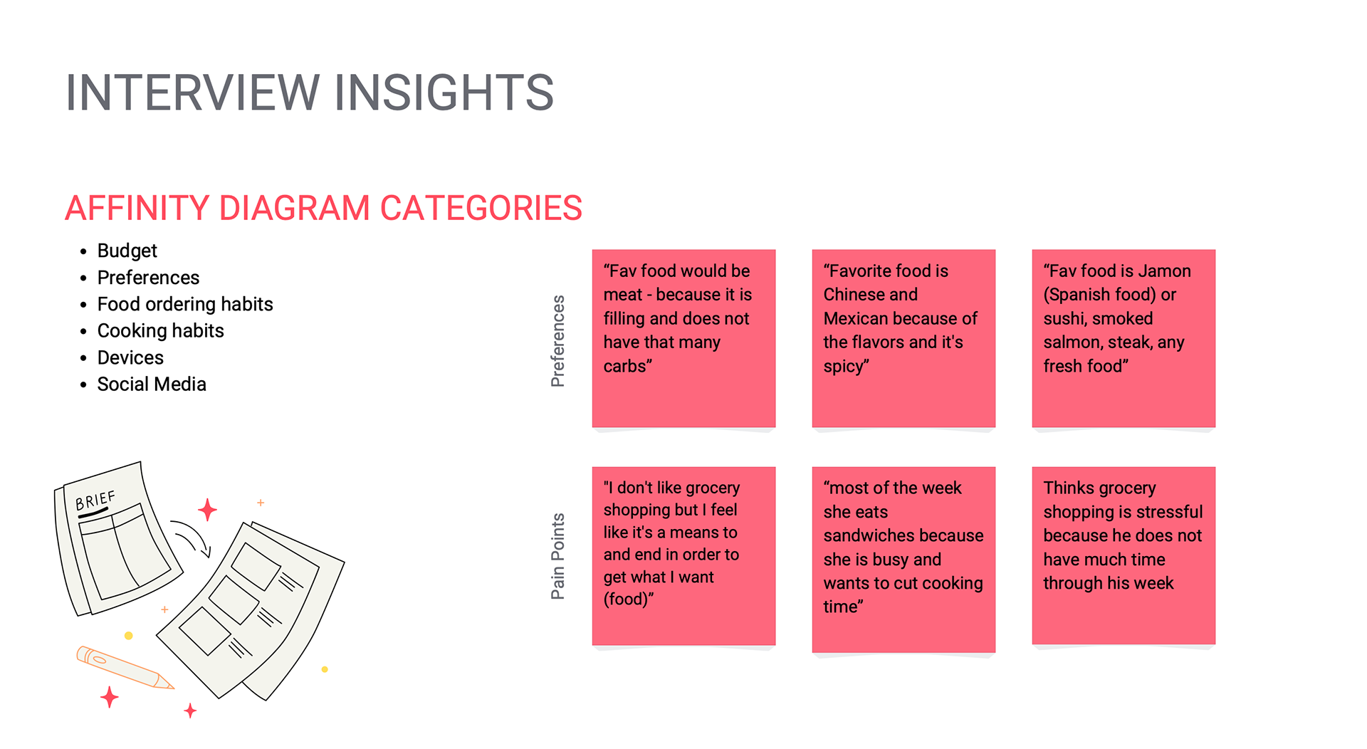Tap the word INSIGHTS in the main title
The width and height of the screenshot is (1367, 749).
[x=444, y=93]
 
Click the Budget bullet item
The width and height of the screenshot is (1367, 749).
[x=127, y=251]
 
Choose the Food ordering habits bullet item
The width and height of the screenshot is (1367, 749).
[x=185, y=304]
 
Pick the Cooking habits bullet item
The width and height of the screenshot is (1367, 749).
[x=160, y=330]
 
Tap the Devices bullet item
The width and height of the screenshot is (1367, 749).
[x=130, y=357]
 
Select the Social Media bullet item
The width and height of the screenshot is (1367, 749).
[x=152, y=384]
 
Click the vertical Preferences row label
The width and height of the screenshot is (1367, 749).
[x=557, y=341]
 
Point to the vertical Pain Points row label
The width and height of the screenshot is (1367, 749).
[x=557, y=556]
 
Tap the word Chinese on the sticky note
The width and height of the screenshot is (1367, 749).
[x=870, y=294]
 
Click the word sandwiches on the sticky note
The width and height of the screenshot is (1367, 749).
[x=904, y=535]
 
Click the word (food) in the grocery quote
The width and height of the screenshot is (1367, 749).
[x=627, y=599]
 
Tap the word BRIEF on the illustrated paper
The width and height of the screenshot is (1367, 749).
[x=95, y=501]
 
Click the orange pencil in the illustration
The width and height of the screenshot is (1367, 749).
[x=125, y=667]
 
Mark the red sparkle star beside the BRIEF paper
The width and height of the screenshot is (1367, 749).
[x=207, y=510]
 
